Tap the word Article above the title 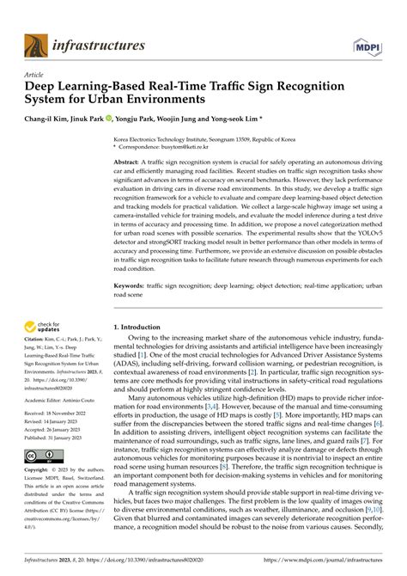37,76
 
